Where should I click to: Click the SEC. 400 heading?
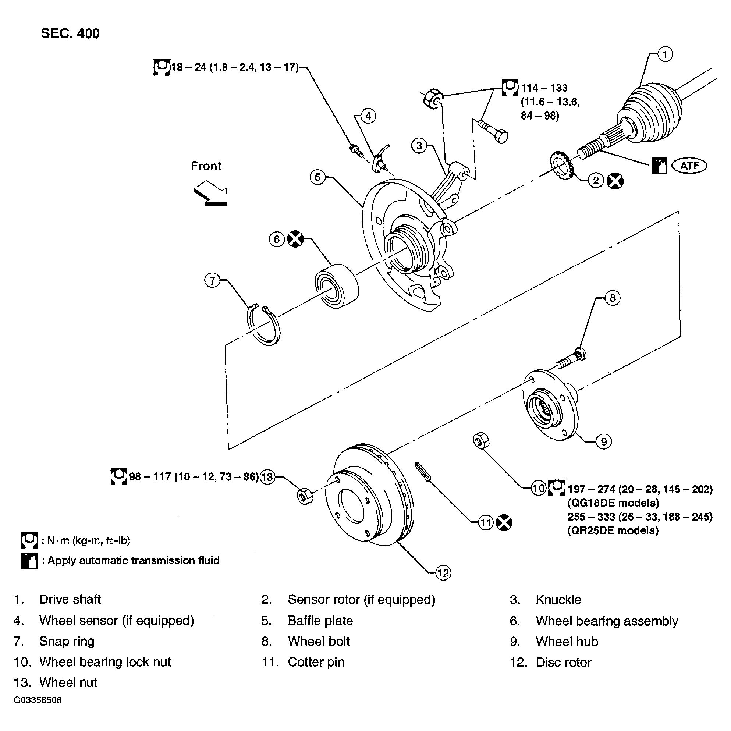pyautogui.click(x=70, y=33)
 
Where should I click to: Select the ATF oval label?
pyautogui.click(x=689, y=166)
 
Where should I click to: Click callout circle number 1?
pyautogui.click(x=665, y=54)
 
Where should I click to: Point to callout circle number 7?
pyautogui.click(x=212, y=281)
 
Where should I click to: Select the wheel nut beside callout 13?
pyautogui.click(x=305, y=496)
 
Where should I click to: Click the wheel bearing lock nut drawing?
pyautogui.click(x=481, y=441)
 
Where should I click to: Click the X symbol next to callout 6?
pyautogui.click(x=295, y=239)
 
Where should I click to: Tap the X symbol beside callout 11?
pyautogui.click(x=504, y=523)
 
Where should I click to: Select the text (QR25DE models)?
pyautogui.click(x=613, y=530)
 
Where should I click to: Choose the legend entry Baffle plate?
pyautogui.click(x=320, y=621)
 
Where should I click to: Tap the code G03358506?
pyautogui.click(x=38, y=700)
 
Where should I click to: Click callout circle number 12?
pyautogui.click(x=443, y=573)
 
